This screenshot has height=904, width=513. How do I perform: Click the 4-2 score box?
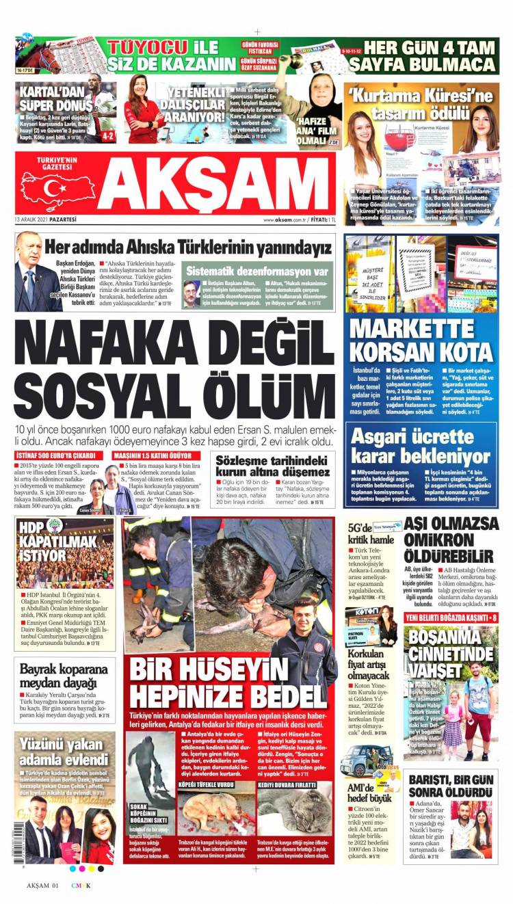coord(107,136)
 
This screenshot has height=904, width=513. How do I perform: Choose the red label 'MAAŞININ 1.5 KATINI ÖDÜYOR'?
coord(157,455)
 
